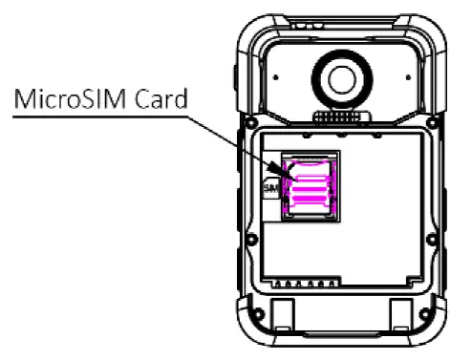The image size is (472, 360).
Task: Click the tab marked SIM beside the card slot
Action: click(268, 188)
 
